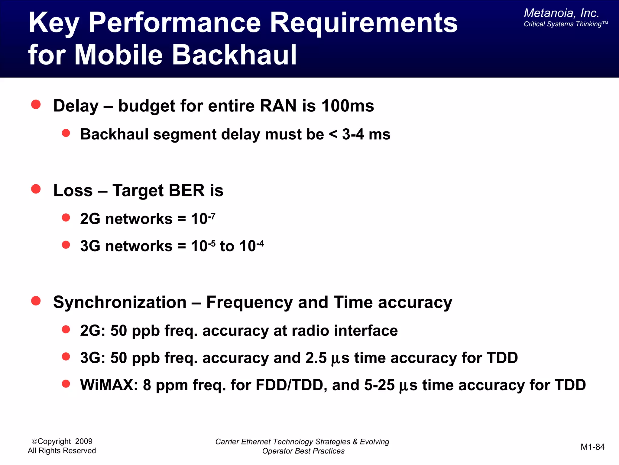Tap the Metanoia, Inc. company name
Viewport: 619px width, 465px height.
[x=561, y=13]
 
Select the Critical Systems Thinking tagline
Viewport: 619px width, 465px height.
[x=565, y=24]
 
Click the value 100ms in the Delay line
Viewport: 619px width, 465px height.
[x=348, y=106]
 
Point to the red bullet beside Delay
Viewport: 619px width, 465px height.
[x=36, y=104]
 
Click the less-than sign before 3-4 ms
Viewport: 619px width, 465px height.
[x=333, y=134]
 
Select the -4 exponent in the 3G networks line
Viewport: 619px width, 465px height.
[x=260, y=243]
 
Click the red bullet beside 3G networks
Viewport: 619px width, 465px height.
[x=66, y=245]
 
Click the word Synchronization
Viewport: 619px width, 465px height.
[x=120, y=302]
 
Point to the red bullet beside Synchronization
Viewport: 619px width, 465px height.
[x=36, y=301]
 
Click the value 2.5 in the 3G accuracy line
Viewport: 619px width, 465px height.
[x=316, y=358]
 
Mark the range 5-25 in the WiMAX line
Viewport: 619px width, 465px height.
[x=379, y=385]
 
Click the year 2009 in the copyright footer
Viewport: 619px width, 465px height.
[x=84, y=441]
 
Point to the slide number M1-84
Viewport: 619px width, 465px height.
[x=592, y=447]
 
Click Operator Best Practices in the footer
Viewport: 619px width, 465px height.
[x=303, y=451]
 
